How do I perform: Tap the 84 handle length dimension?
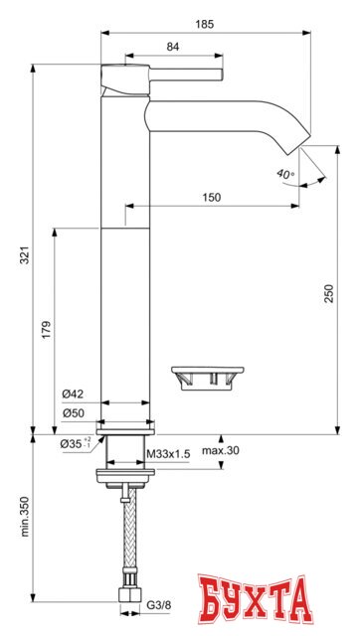(172, 46)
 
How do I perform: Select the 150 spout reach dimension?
(211, 197)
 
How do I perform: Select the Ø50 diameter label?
(71, 412)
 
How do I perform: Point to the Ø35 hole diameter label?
(73, 443)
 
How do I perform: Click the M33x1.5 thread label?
(168, 454)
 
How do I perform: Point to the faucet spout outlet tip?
(296, 146)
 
